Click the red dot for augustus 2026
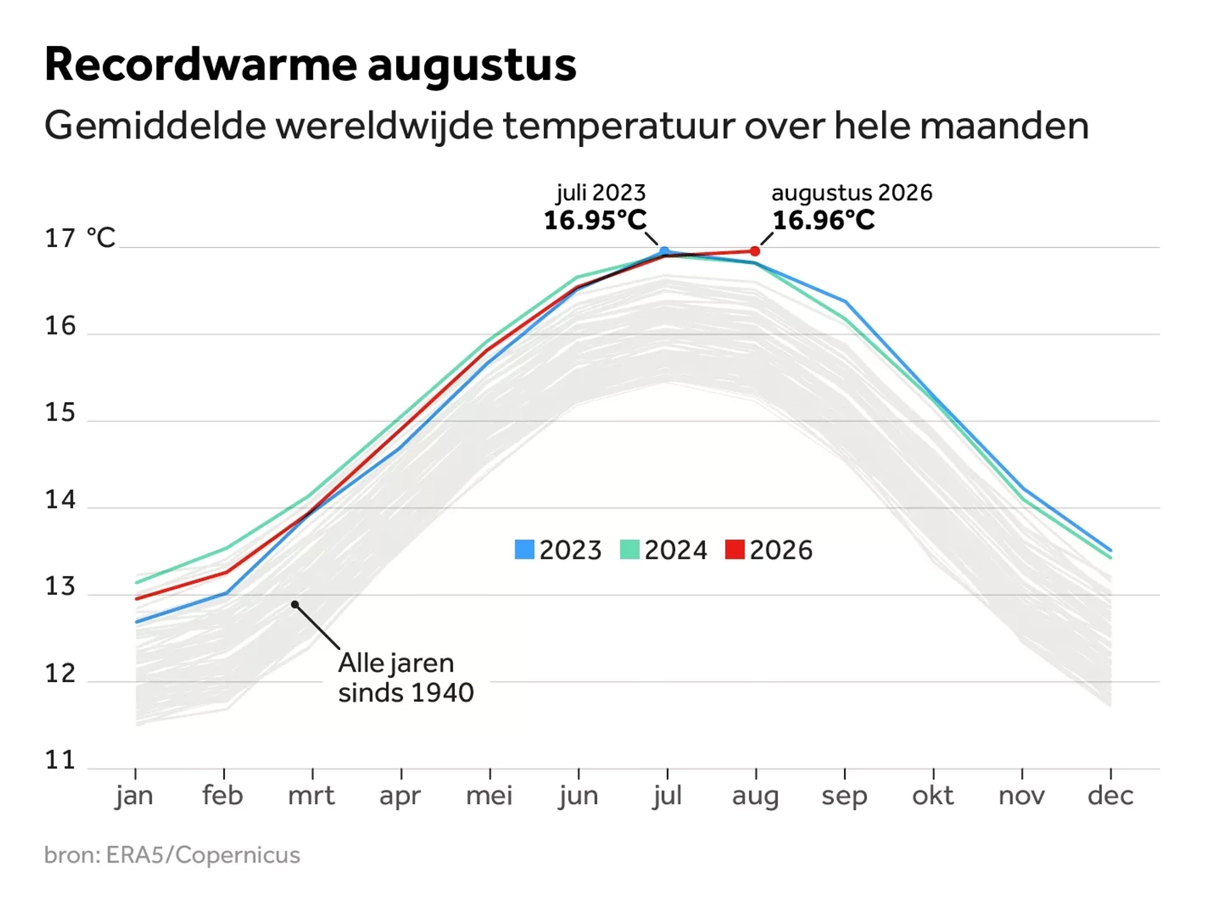[755, 251]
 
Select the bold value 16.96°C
[824, 220]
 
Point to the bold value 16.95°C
[595, 220]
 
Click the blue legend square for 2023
[524, 549]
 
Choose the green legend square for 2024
[630, 549]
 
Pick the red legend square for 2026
[735, 549]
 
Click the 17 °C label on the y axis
[80, 238]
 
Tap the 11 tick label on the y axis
[60, 760]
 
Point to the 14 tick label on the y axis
[60, 500]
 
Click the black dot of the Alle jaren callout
[295, 605]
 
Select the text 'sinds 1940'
[406, 693]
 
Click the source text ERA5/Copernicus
[203, 855]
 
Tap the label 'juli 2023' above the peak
[601, 193]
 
